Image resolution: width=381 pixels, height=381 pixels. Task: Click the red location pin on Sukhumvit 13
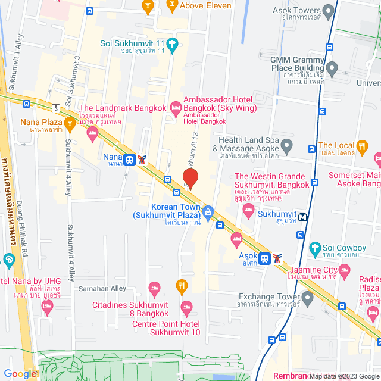190,178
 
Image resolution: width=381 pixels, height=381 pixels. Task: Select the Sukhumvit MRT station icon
304,217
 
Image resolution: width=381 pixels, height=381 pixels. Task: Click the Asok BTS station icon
264,258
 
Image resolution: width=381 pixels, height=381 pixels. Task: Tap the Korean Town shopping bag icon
208,211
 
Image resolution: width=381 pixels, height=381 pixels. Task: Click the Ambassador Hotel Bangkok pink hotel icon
175,107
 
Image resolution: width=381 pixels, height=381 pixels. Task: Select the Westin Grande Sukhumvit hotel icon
249,211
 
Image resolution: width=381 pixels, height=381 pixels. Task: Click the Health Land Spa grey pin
287,145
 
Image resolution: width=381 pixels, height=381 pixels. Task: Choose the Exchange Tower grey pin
307,296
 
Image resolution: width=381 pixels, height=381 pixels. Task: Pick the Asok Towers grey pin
327,10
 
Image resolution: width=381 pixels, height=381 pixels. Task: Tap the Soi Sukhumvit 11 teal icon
173,43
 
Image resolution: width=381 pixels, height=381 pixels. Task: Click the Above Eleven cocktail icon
173,5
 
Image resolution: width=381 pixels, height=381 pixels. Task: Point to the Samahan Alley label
102,288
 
